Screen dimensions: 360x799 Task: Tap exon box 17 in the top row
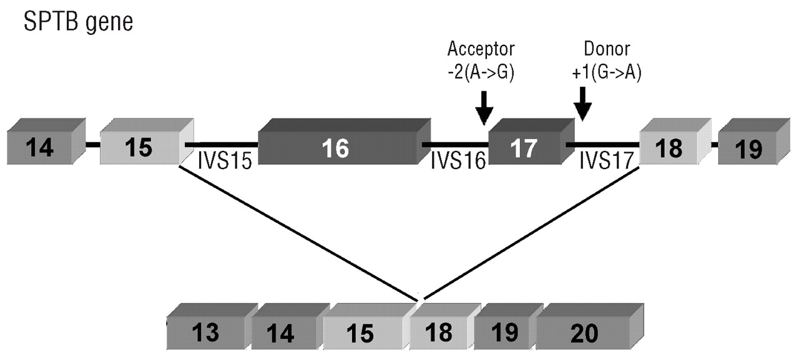(x=523, y=150)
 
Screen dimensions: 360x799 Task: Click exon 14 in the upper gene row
(x=41, y=149)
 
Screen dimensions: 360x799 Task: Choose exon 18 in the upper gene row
(x=669, y=149)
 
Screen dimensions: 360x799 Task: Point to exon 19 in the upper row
(x=748, y=150)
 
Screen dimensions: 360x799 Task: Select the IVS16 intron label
(x=458, y=161)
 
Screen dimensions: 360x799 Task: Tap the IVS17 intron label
(x=607, y=161)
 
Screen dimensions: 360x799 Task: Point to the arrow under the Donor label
(x=582, y=104)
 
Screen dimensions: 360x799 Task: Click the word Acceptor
(x=482, y=48)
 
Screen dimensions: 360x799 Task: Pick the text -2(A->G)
(x=482, y=71)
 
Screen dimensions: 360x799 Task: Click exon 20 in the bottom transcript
(x=584, y=334)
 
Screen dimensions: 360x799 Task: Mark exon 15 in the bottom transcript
(x=361, y=334)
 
